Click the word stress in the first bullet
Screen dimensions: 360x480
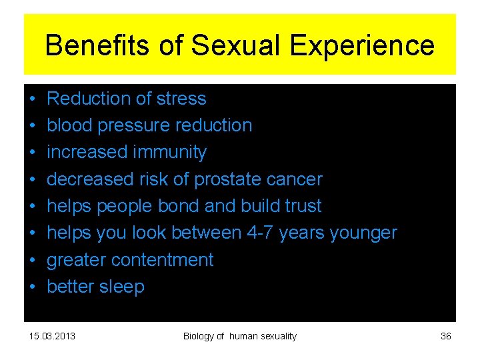point(183,99)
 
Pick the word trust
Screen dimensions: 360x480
point(302,206)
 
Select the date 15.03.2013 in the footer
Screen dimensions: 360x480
point(53,336)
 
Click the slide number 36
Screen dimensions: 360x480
point(446,336)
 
